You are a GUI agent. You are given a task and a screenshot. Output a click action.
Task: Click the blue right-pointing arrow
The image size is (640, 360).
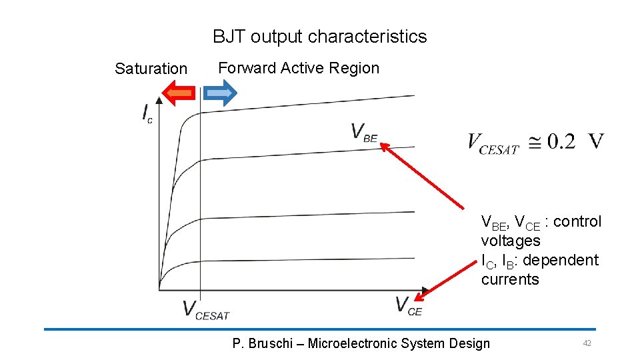point(219,94)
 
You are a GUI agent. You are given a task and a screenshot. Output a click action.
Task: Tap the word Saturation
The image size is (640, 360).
point(151,69)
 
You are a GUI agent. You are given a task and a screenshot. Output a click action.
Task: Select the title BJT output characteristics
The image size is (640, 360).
point(319,37)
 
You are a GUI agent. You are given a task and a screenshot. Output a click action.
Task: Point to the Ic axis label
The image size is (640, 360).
point(147,114)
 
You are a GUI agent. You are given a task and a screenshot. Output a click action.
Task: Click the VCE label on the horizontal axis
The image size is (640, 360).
point(408,306)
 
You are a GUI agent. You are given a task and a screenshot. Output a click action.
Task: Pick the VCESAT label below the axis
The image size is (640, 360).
point(205,310)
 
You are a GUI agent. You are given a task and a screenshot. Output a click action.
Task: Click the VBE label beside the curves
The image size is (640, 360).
point(364,133)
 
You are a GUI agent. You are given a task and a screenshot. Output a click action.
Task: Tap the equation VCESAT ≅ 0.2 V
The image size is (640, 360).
point(536,142)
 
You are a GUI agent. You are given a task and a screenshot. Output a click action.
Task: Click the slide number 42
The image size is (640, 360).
point(587,343)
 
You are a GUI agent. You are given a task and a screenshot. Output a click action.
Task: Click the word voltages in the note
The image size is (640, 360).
point(510,241)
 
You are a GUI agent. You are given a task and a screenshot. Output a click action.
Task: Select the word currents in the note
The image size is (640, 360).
point(510,279)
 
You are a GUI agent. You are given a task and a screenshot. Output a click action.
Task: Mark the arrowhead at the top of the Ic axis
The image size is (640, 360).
point(159,103)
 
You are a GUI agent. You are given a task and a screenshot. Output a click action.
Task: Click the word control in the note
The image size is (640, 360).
point(577,221)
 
